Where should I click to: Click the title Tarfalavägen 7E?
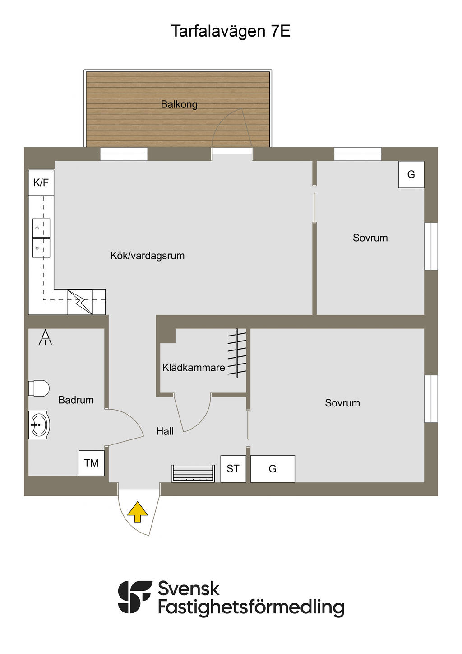click(231, 31)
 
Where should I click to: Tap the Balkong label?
click(179, 104)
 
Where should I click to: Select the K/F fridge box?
click(41, 182)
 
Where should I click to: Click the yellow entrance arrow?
click(138, 512)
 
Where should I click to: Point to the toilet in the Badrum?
click(39, 388)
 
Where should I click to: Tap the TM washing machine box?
click(92, 463)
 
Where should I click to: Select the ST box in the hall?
click(233, 469)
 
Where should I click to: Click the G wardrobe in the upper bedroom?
click(411, 174)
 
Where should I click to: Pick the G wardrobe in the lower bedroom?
click(273, 469)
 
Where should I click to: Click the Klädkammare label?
click(194, 368)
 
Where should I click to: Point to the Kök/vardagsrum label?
click(148, 256)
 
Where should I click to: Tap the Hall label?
click(165, 431)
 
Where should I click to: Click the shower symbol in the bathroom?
click(45, 337)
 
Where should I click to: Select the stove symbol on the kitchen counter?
click(80, 302)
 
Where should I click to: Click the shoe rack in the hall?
click(193, 473)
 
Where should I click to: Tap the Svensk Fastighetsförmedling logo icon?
click(135, 597)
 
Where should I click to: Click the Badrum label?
click(76, 400)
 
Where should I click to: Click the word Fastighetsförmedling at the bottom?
click(251, 607)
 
